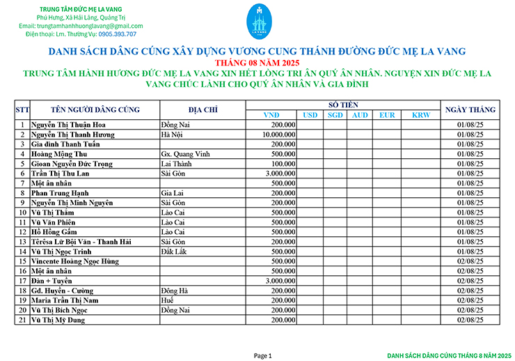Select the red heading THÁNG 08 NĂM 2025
256,63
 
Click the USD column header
310,114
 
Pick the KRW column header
420,114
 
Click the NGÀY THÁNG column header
470,109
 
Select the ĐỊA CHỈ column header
203,109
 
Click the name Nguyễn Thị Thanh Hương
72,134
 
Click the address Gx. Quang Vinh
182,153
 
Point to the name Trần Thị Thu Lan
61,173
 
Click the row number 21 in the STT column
22,319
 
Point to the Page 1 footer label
262,355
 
